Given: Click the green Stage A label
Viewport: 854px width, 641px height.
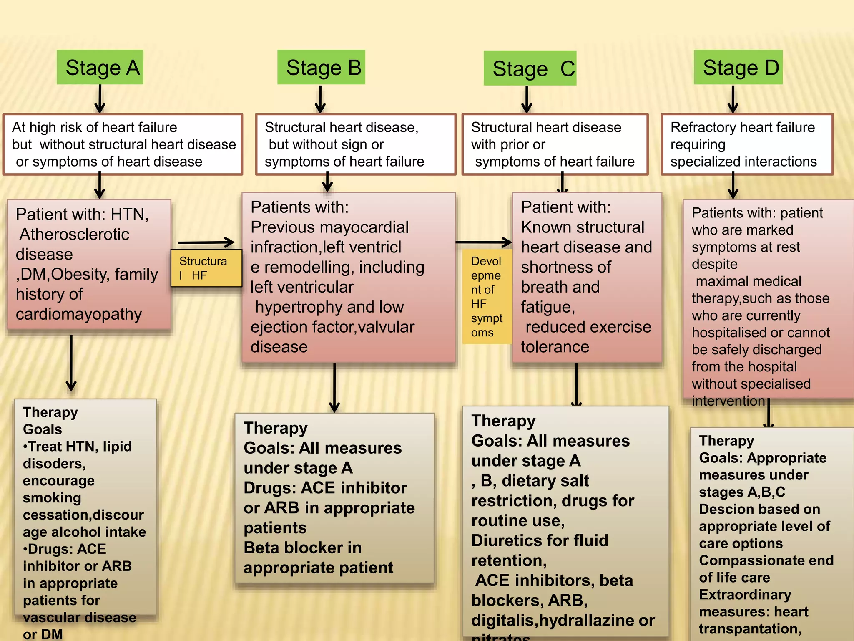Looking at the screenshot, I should [x=100, y=68].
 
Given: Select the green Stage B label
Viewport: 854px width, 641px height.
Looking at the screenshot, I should [x=322, y=68].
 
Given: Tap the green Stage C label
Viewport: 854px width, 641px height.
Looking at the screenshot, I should [x=530, y=68].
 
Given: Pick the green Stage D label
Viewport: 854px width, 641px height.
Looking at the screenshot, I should [x=738, y=68].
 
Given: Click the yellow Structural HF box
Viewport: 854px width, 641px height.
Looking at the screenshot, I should [x=206, y=268].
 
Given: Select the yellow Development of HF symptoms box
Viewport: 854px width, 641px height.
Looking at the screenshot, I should [x=487, y=297].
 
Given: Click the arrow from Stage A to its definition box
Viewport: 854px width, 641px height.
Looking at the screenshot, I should [x=100, y=99].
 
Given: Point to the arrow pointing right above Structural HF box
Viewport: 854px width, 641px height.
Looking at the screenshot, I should [x=206, y=242].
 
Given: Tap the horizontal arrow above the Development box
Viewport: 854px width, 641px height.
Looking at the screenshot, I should [x=484, y=242].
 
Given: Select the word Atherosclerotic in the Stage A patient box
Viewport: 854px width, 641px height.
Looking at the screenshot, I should [x=74, y=235].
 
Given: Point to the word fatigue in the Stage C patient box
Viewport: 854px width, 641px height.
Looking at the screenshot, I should [x=548, y=307].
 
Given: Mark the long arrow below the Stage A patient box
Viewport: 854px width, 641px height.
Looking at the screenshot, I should [x=71, y=363].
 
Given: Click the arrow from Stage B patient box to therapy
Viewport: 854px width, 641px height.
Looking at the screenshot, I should [x=334, y=388].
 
